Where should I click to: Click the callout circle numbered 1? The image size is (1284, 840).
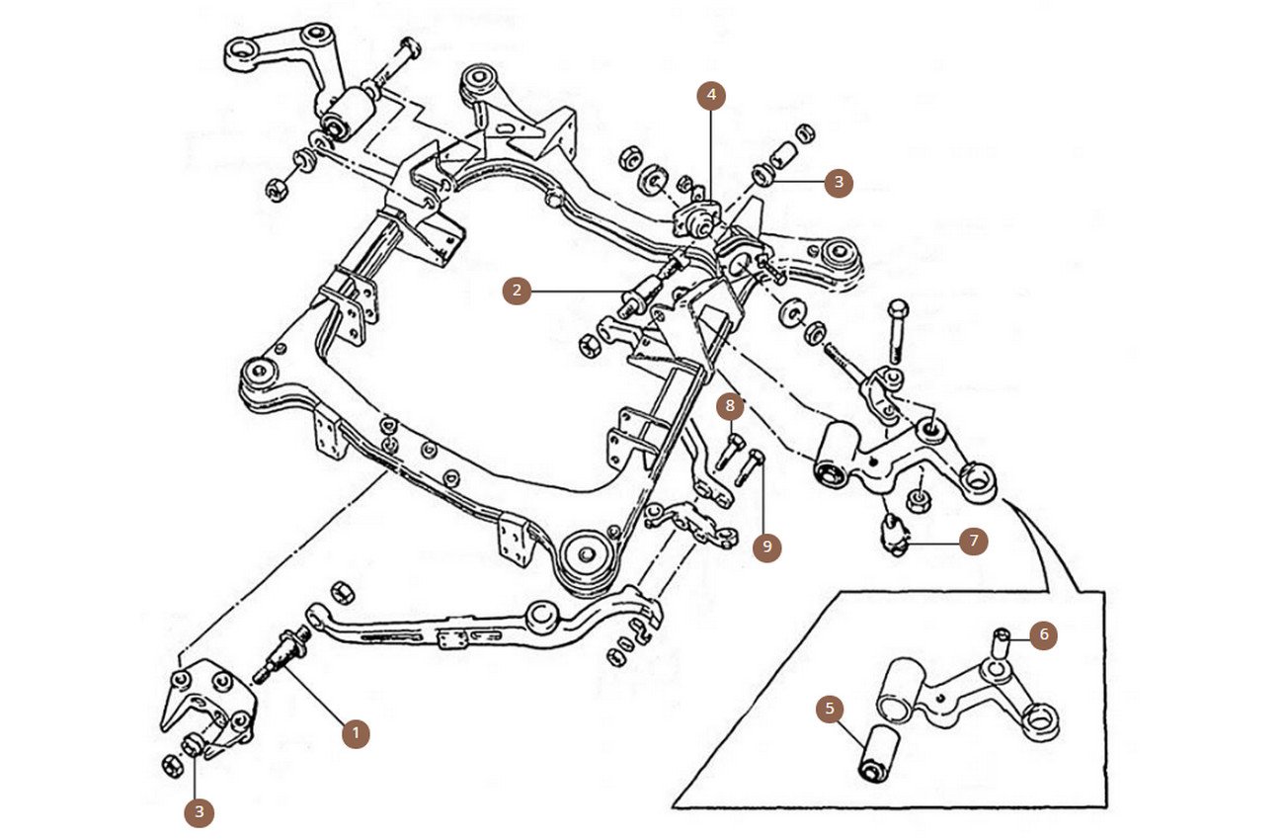point(356,733)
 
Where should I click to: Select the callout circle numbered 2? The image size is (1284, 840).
point(517,291)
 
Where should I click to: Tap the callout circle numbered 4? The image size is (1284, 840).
point(711,96)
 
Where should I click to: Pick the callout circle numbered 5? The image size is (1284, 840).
point(830,710)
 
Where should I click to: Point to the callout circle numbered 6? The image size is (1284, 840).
point(1043,634)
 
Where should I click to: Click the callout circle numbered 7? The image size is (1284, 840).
point(974,541)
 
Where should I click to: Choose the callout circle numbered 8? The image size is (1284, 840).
point(730,405)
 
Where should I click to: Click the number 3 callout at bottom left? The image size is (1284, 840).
point(200,812)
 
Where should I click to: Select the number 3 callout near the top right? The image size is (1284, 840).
point(839,182)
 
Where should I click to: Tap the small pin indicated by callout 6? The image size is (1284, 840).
point(1001,645)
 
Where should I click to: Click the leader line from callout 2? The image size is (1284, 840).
point(583,291)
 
